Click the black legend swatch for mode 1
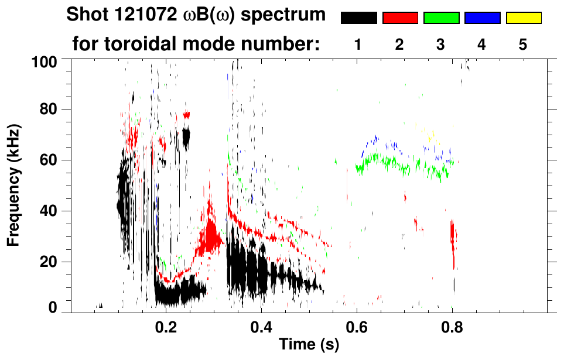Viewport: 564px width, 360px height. click(x=359, y=18)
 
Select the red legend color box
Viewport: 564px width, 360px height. click(x=400, y=18)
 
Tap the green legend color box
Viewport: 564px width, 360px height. click(x=441, y=18)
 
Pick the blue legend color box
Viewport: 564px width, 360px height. click(x=483, y=18)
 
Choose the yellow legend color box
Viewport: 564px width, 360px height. click(x=524, y=18)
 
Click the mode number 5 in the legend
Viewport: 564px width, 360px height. click(x=523, y=44)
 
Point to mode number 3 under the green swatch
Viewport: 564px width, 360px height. click(x=441, y=44)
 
